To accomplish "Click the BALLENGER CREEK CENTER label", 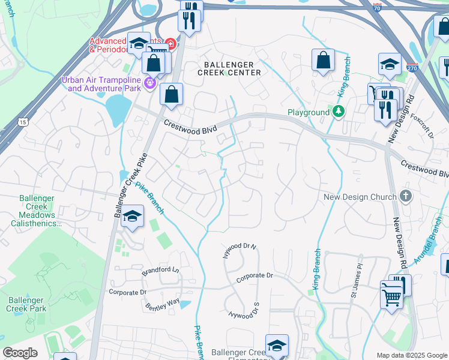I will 229,68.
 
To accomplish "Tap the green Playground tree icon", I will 339,112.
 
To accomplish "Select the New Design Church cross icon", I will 406,197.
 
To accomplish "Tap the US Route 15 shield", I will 23,122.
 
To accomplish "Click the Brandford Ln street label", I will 160,271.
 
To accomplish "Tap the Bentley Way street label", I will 162,302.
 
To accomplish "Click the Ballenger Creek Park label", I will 25,304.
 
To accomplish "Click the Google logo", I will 19,353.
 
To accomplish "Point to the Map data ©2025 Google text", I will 411,355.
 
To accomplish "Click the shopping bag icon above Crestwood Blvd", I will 171,94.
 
